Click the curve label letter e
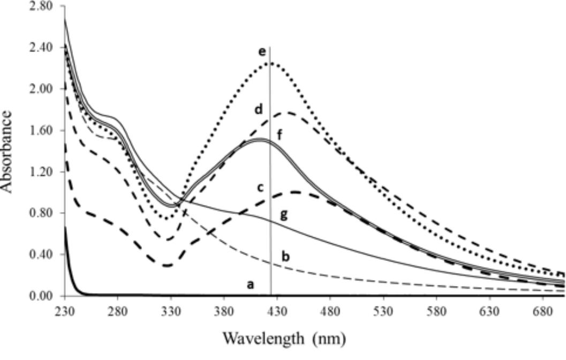[261, 52]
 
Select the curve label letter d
[258, 110]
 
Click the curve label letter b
[286, 257]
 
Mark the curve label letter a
[249, 285]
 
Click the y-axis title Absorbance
[8, 151]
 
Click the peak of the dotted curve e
[269, 63]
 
